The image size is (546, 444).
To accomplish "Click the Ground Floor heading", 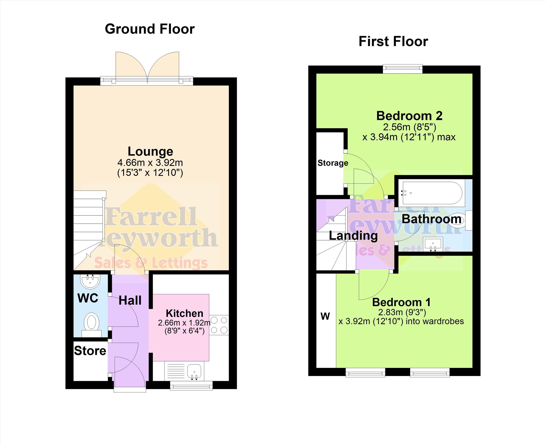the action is (x=150, y=29).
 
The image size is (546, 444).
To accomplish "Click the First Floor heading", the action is (x=393, y=41).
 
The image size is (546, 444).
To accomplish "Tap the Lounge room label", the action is (x=151, y=151).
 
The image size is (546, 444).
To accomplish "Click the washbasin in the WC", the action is (x=90, y=282).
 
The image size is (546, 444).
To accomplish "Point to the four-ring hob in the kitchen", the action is (x=219, y=325).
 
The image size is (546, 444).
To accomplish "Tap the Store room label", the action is (x=90, y=351).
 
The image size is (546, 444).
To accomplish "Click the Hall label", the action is (x=130, y=301).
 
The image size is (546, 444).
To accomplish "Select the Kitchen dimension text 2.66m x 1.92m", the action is (x=184, y=323).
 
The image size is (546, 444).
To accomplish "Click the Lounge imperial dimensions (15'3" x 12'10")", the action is (x=150, y=173).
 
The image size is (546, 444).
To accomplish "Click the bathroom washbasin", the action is (x=433, y=244).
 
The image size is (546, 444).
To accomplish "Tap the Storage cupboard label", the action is (x=333, y=163).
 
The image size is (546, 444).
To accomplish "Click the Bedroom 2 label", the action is (x=409, y=116).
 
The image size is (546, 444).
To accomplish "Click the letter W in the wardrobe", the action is (x=325, y=316).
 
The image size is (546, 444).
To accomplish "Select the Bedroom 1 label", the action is (x=401, y=302).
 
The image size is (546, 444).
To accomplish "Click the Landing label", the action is (x=353, y=235).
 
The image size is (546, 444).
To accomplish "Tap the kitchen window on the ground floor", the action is (x=191, y=386).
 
